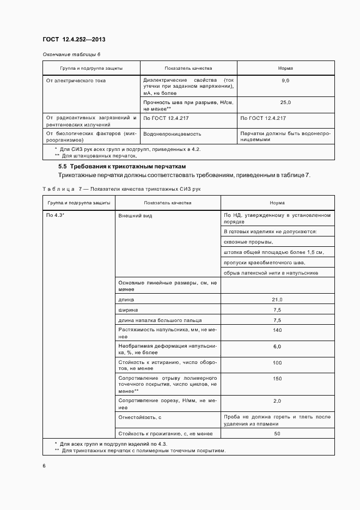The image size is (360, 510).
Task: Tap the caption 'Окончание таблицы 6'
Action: click(71, 55)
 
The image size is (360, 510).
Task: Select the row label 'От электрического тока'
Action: click(76, 81)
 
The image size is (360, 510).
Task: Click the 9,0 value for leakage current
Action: click(285, 81)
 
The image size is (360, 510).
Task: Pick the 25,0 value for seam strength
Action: click(285, 102)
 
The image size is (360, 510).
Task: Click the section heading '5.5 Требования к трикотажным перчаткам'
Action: click(122, 166)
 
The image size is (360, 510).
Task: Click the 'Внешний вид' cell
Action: click(135, 216)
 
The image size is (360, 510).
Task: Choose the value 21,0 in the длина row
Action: click(277, 300)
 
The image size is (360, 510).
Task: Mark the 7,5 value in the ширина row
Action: click(277, 310)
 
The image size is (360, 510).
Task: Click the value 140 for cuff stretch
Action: click(277, 330)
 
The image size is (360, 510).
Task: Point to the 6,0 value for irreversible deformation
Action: click(277, 347)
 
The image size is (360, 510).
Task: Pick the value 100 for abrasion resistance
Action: click(277, 362)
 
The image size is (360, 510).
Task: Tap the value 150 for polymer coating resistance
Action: click(277, 379)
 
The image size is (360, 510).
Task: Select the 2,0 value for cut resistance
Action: click(277, 401)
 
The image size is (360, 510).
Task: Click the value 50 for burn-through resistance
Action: click(277, 434)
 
